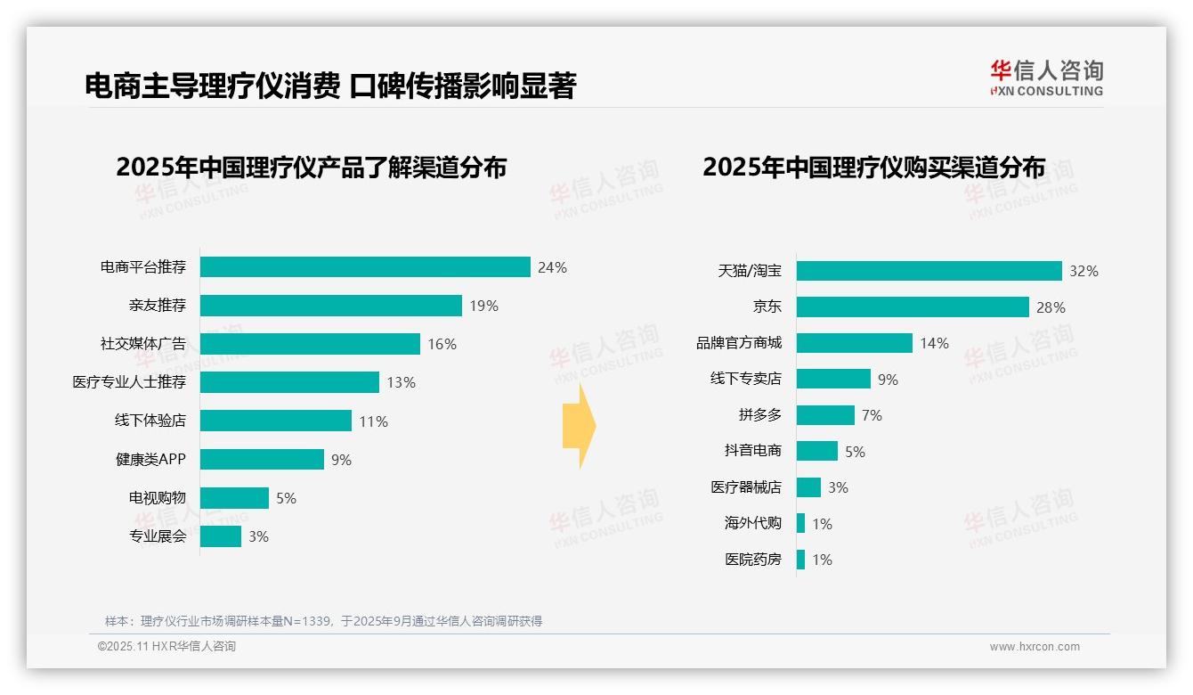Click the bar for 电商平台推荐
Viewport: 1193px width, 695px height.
[365, 267]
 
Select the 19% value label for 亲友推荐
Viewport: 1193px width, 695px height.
[484, 306]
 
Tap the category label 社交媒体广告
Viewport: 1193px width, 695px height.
[143, 344]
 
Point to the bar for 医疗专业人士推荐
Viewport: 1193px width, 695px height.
[289, 382]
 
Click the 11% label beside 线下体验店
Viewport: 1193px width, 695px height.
[374, 421]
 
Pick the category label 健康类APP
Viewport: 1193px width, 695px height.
[150, 460]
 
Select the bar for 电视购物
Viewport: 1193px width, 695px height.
[234, 498]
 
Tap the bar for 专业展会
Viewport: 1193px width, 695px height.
[221, 536]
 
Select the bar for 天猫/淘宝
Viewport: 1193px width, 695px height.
[929, 271]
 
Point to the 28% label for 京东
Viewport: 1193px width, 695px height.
[1051, 307]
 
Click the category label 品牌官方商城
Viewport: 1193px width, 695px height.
[739, 343]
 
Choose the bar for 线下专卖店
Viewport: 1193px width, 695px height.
[833, 379]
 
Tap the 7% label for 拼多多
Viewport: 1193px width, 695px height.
[872, 415]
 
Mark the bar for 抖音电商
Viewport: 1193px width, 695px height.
[817, 451]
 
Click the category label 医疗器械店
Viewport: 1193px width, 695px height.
[746, 487]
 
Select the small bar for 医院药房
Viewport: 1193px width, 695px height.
[801, 560]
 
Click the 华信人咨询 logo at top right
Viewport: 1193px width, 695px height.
[1046, 78]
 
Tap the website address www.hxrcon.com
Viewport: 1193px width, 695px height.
[1035, 647]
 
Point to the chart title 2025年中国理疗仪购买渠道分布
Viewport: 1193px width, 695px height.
[873, 168]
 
